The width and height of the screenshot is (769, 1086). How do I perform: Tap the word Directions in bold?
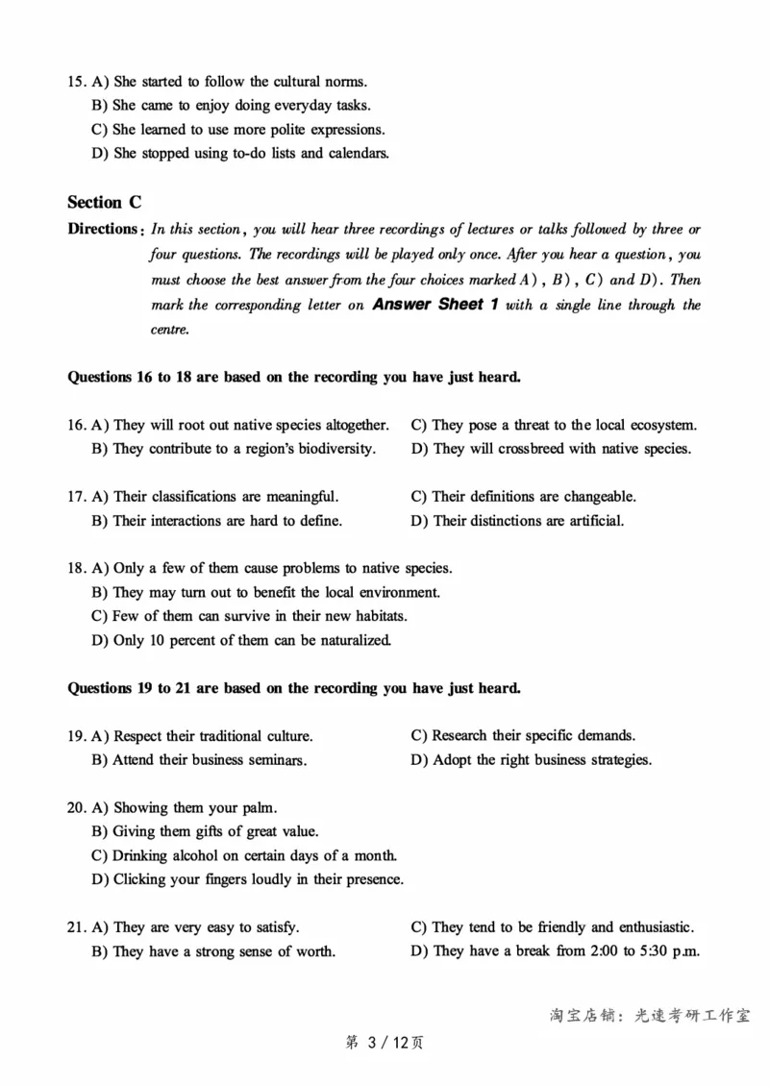pyautogui.click(x=103, y=229)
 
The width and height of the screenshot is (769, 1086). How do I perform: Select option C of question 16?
pyautogui.click(x=554, y=425)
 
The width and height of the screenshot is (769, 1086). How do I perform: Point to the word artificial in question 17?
pyautogui.click(x=591, y=521)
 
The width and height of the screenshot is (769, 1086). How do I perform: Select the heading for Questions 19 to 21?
pyautogui.click(x=294, y=688)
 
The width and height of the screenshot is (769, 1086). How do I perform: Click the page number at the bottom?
pyautogui.click(x=384, y=1042)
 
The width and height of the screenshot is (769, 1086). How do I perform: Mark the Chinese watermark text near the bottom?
pyautogui.click(x=650, y=1015)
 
